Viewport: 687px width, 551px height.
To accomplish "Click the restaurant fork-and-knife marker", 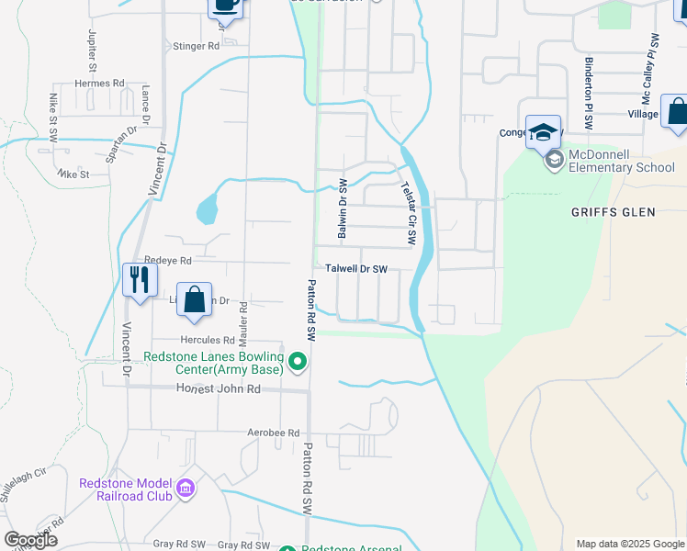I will tap(140, 278).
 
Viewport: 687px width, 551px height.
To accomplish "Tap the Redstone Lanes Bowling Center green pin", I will tap(297, 364).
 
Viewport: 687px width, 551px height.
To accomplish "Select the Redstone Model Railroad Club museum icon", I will tap(186, 489).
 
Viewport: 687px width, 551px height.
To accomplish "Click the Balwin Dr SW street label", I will tap(343, 209).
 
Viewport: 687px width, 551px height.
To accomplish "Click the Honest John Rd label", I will tap(219, 389).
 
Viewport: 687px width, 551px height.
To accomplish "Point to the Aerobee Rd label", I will tap(274, 433).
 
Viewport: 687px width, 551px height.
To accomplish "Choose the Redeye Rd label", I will tap(167, 261).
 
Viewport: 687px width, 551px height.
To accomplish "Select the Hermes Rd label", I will tap(99, 84).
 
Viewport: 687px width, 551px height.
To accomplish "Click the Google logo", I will tap(30, 540).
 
